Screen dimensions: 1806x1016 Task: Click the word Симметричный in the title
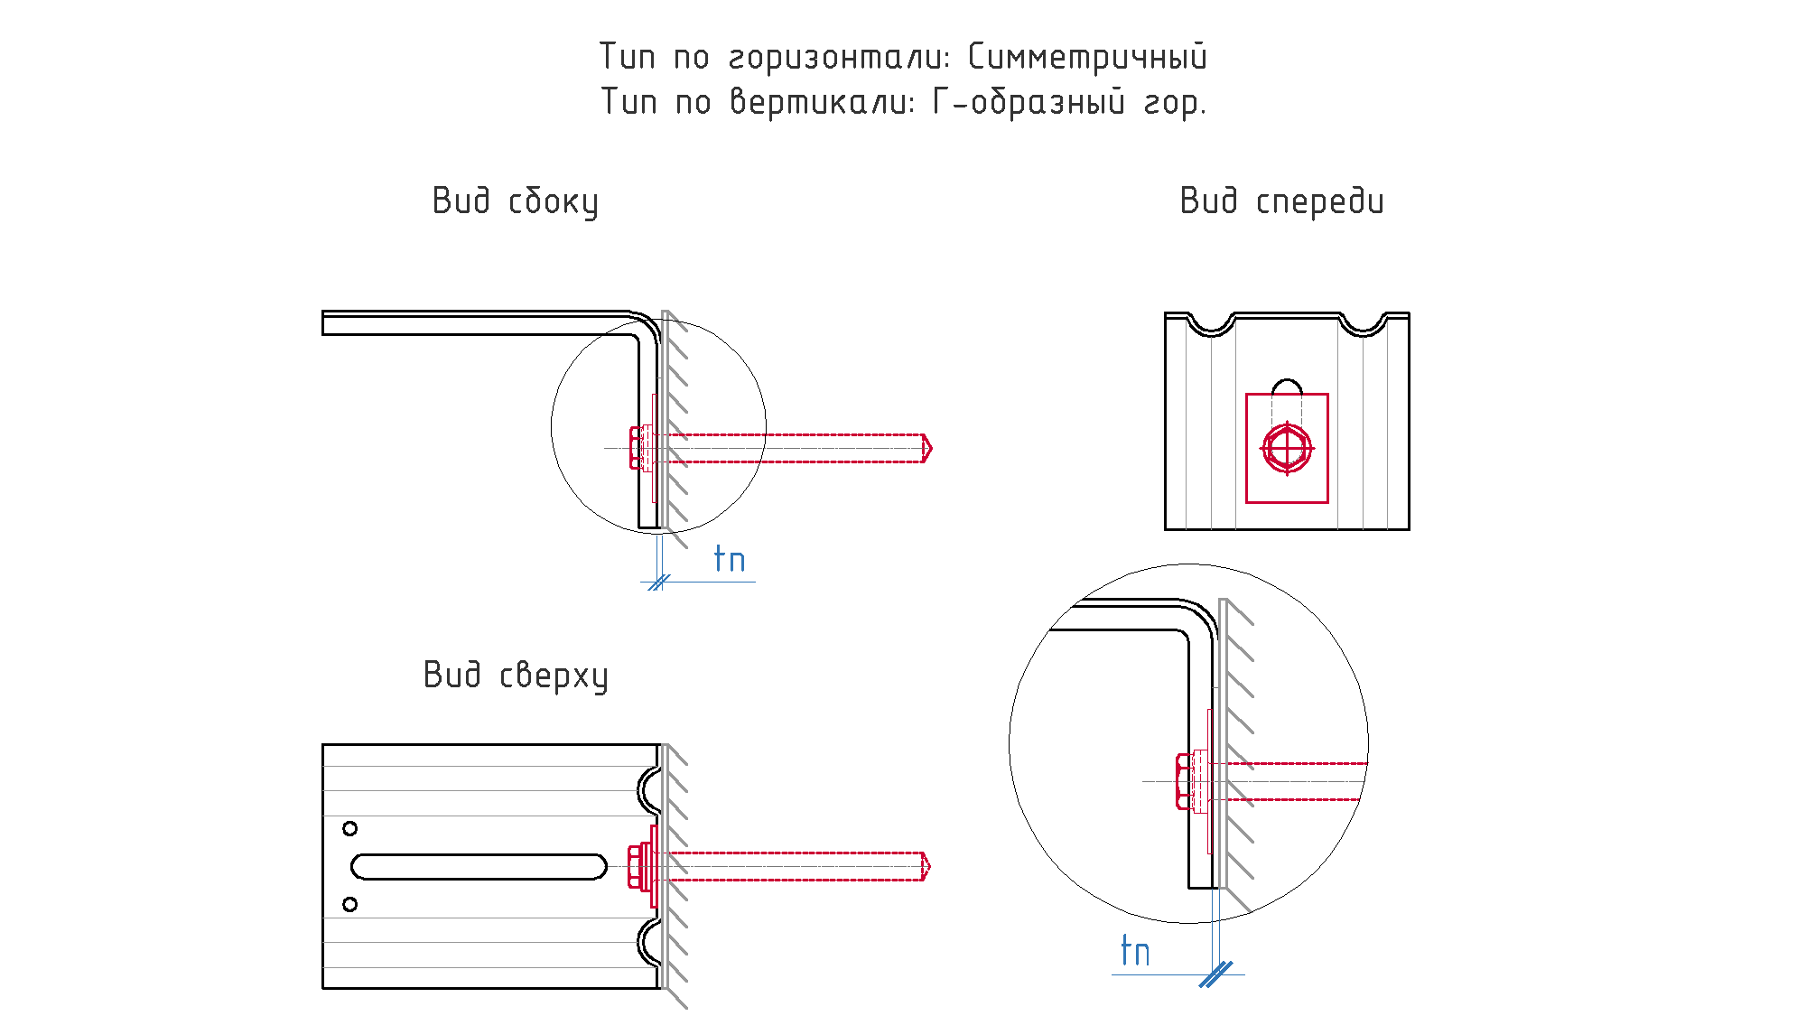coord(1087,57)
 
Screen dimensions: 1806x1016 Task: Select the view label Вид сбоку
coord(515,201)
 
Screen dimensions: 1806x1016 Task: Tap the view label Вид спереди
coord(1281,201)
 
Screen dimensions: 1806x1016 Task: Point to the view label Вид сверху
coord(516,676)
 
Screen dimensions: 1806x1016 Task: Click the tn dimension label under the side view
coord(730,559)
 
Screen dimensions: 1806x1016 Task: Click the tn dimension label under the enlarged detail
coord(1135,951)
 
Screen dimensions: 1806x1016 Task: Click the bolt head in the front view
coord(1287,448)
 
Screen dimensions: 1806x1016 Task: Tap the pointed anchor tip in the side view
coord(927,448)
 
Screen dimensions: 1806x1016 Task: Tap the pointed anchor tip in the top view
coord(926,866)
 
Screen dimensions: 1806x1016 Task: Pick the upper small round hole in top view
coord(350,828)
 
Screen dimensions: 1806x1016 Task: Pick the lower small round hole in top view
coord(350,904)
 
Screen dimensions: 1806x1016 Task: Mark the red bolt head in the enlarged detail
coord(1184,781)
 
